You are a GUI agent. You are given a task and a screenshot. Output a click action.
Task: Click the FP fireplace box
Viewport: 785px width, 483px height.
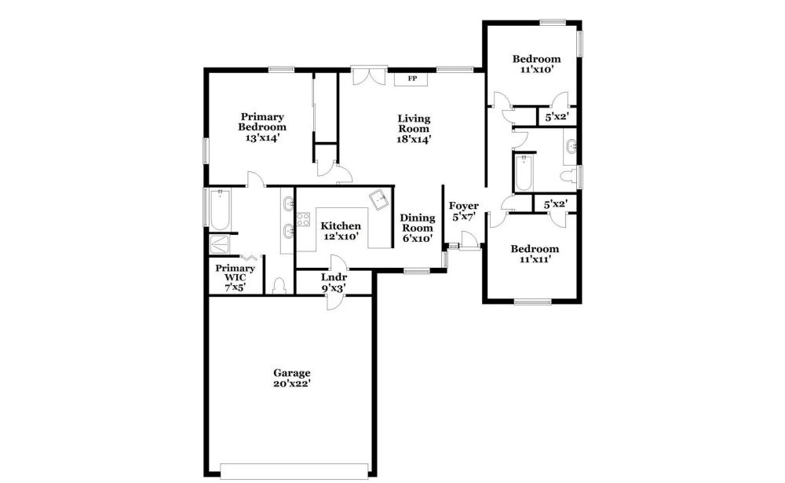click(411, 79)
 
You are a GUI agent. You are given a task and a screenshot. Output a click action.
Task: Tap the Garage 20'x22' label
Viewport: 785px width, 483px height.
click(291, 379)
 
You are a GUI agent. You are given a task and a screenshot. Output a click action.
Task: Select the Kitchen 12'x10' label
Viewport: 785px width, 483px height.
click(341, 231)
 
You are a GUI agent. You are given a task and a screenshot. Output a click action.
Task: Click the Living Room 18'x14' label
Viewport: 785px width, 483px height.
click(414, 129)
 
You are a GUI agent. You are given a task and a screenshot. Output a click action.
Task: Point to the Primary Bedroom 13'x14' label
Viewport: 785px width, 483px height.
click(262, 127)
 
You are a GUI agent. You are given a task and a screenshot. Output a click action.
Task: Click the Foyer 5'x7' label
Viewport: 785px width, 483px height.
click(463, 211)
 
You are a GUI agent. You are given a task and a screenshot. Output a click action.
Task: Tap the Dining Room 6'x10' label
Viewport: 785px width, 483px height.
click(418, 228)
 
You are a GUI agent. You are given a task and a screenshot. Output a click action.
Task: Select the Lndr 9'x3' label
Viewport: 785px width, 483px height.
click(334, 283)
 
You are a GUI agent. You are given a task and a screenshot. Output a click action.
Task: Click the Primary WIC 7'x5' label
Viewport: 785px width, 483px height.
click(235, 277)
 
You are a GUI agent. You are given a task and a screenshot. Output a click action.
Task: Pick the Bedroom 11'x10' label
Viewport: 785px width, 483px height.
click(536, 64)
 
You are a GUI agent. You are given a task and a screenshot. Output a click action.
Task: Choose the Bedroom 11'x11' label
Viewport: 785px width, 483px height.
click(535, 254)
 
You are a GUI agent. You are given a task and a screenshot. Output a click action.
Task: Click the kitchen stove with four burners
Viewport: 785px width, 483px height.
click(303, 219)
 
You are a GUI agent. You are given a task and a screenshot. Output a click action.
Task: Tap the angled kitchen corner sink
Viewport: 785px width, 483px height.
click(380, 199)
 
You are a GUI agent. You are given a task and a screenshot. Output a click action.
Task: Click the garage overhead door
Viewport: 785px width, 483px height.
click(294, 471)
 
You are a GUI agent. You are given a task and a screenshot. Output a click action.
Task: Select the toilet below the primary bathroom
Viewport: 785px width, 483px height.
click(279, 286)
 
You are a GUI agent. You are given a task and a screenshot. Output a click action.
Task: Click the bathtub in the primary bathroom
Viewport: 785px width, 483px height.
click(220, 209)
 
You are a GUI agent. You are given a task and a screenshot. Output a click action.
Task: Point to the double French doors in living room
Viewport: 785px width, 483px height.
click(370, 76)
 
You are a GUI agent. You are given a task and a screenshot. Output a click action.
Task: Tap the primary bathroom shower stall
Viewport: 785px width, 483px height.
click(219, 244)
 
